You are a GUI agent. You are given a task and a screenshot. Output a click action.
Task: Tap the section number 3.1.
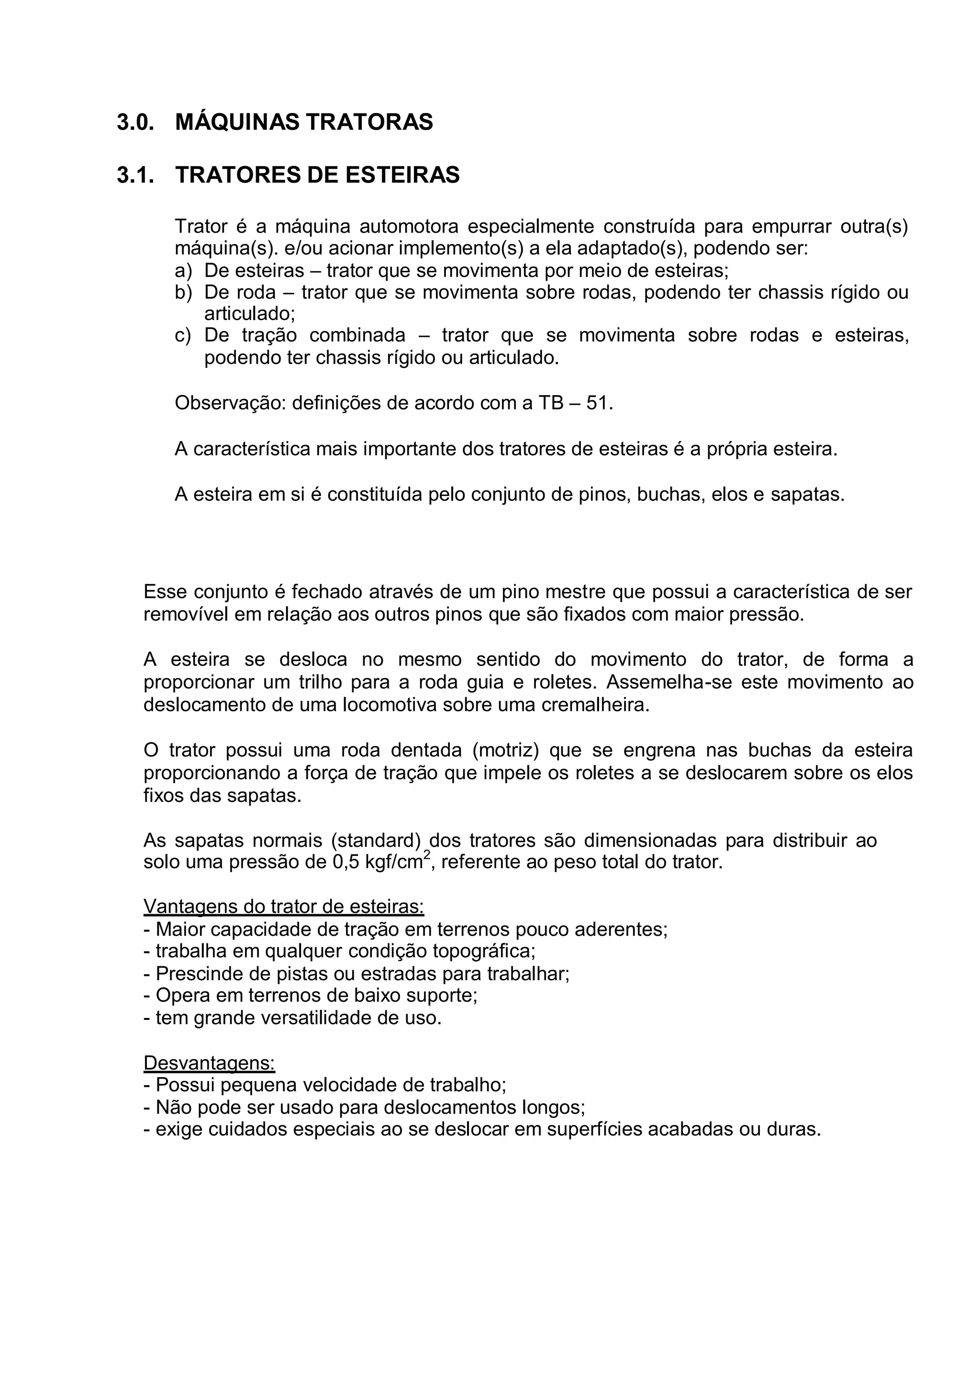[x=135, y=176]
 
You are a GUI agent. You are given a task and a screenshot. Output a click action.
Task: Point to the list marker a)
[x=183, y=270]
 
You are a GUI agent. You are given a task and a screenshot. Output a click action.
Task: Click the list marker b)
[x=183, y=293]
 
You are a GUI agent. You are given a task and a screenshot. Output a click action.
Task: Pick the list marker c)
[x=183, y=335]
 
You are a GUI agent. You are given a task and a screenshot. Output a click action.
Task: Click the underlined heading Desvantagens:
[x=209, y=1063]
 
